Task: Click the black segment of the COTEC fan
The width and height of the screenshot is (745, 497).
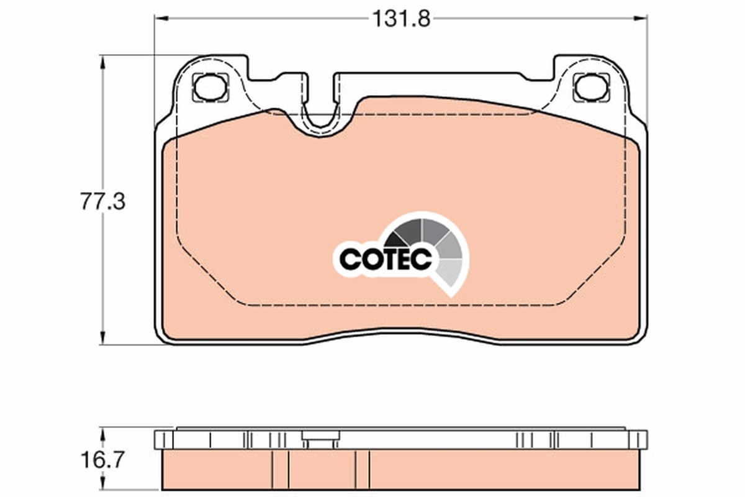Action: tap(395, 238)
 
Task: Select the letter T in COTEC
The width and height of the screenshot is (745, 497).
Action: tap(392, 258)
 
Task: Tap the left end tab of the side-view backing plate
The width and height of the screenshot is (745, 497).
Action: tap(161, 440)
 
